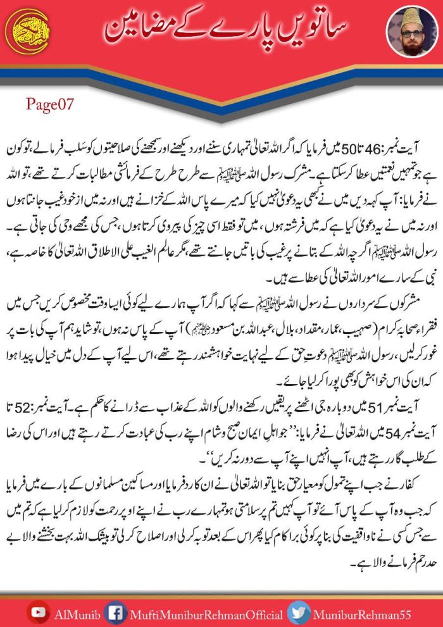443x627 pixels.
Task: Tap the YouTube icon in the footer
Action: tap(41, 612)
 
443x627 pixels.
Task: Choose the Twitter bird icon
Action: tap(297, 612)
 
